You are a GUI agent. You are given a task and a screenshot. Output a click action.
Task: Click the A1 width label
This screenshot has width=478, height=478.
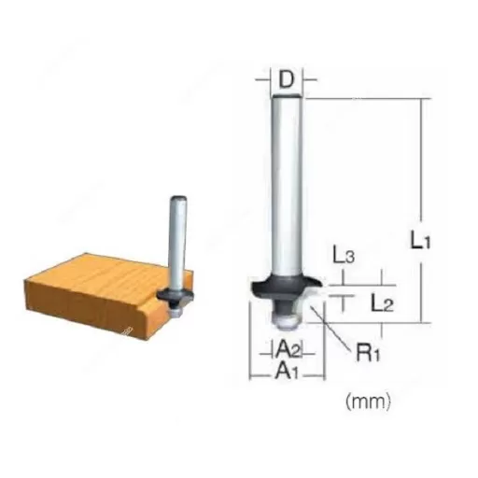[286, 372]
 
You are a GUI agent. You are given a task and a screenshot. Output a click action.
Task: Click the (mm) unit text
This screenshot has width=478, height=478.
[367, 402]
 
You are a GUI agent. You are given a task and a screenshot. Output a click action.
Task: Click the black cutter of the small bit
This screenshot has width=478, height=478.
[174, 295]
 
